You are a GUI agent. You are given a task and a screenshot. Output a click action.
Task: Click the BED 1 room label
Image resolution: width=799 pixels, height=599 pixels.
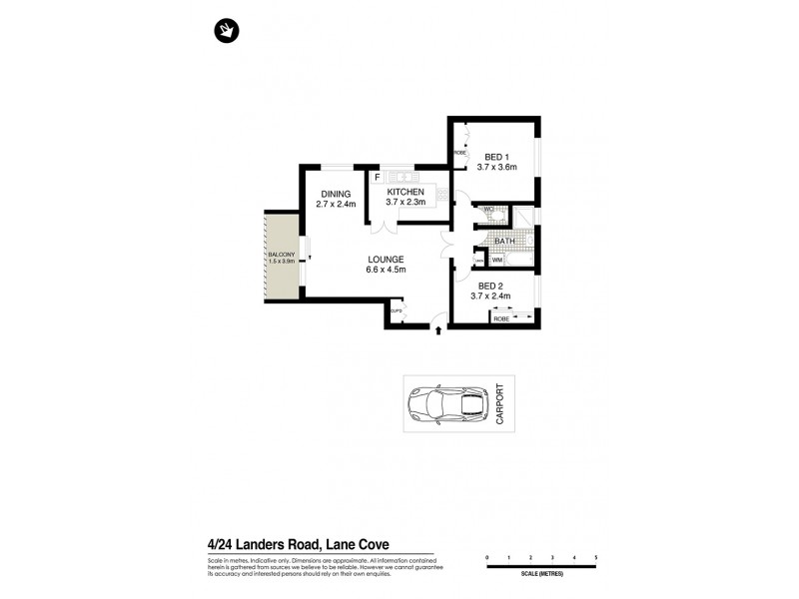tap(497, 156)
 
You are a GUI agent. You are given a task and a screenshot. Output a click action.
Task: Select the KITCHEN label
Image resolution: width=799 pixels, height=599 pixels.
tap(405, 192)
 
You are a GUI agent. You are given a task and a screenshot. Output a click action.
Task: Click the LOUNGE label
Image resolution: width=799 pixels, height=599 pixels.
tap(386, 260)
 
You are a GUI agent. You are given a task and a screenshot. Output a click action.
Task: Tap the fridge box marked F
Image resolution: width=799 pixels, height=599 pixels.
tap(378, 179)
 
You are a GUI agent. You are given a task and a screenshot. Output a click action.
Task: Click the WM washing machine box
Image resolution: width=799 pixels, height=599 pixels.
tap(497, 260)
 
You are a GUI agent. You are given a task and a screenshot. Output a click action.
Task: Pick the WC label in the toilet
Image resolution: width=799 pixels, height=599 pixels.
tap(489, 210)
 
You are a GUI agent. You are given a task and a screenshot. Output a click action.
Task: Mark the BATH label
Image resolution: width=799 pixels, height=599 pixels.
tap(503, 241)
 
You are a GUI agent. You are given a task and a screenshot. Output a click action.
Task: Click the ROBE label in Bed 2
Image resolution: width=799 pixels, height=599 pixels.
tap(501, 318)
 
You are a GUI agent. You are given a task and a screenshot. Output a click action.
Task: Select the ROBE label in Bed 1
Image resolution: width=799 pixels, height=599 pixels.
tap(460, 153)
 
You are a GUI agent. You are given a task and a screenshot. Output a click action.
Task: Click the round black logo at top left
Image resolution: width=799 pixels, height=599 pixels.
tap(227, 32)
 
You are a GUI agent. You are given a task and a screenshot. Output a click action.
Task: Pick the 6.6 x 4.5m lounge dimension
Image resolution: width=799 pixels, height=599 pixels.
tap(386, 270)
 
